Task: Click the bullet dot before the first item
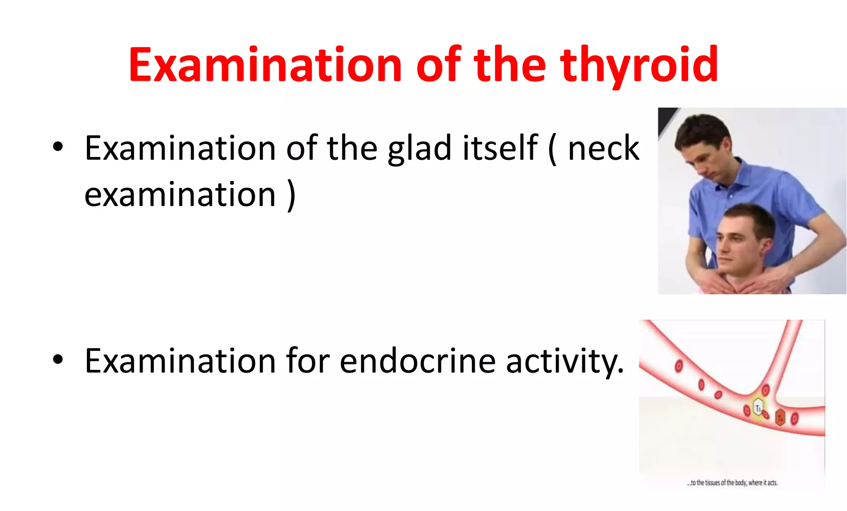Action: (x=58, y=147)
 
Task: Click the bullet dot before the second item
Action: (x=58, y=359)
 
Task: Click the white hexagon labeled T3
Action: (x=758, y=408)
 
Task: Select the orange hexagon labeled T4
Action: (x=780, y=418)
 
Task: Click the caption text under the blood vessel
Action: (x=732, y=483)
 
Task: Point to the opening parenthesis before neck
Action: (x=553, y=149)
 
